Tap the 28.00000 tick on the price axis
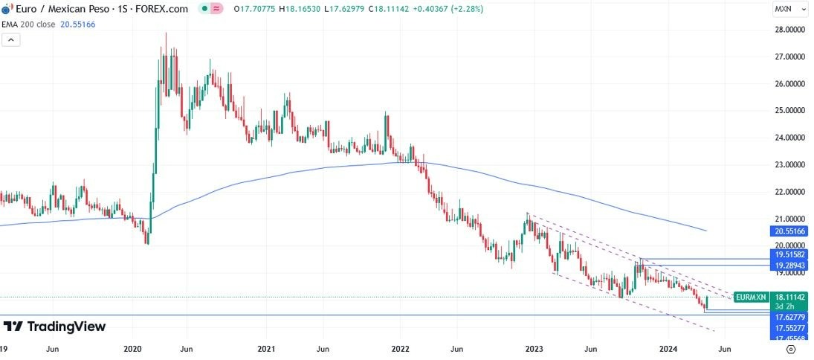pyautogui.click(x=790, y=30)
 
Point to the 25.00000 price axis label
pyautogui.click(x=790, y=111)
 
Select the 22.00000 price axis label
pyautogui.click(x=790, y=192)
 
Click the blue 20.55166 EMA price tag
pyautogui.click(x=789, y=232)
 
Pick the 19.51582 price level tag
pyautogui.click(x=789, y=254)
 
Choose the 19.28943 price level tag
pyautogui.click(x=789, y=265)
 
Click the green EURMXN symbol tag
pyautogui.click(x=749, y=297)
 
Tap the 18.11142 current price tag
pyautogui.click(x=789, y=296)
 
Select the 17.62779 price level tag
pyautogui.click(x=789, y=316)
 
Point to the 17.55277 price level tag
pyautogui.click(x=789, y=327)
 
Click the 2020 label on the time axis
pyautogui.click(x=132, y=348)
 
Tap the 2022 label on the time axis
pyautogui.click(x=400, y=348)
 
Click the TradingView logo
pyautogui.click(x=55, y=327)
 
